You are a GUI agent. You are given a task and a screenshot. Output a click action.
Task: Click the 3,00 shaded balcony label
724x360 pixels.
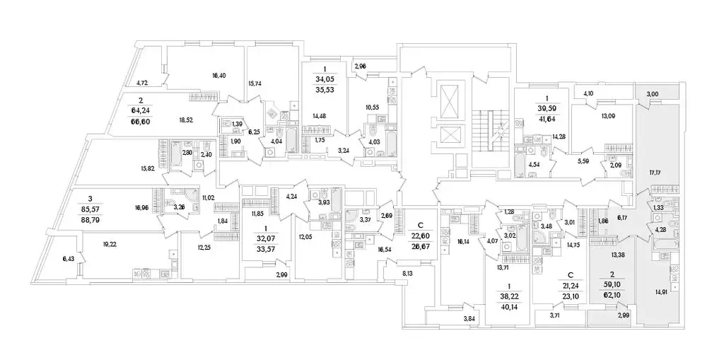[x=652, y=94]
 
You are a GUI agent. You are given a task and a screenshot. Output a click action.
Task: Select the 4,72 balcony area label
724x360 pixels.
[x=142, y=83]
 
